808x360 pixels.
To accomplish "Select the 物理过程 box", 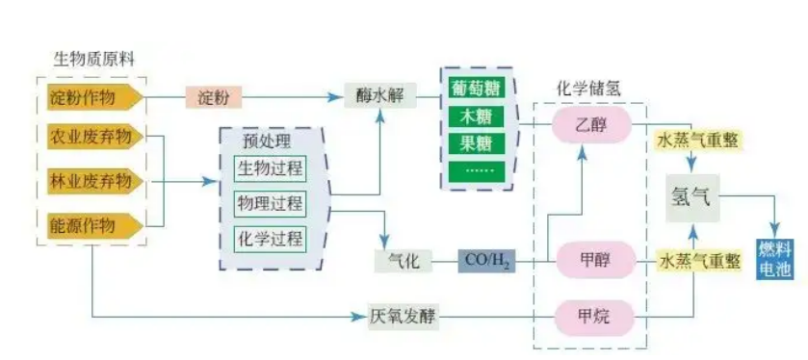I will (x=269, y=203).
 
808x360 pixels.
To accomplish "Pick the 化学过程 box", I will (x=269, y=238).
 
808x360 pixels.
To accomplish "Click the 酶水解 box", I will (x=375, y=96).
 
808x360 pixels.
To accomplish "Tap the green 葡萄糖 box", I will (x=478, y=89).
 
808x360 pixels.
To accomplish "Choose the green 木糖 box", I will (x=478, y=118).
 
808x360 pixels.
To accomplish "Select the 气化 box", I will (x=399, y=260).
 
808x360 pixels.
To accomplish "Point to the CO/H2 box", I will (x=487, y=260).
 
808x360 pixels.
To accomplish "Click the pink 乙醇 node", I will (x=590, y=124).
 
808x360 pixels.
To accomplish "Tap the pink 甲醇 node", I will (x=591, y=260).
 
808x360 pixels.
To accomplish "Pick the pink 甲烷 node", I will (x=591, y=314).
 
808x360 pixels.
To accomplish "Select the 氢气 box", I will (x=691, y=197).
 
